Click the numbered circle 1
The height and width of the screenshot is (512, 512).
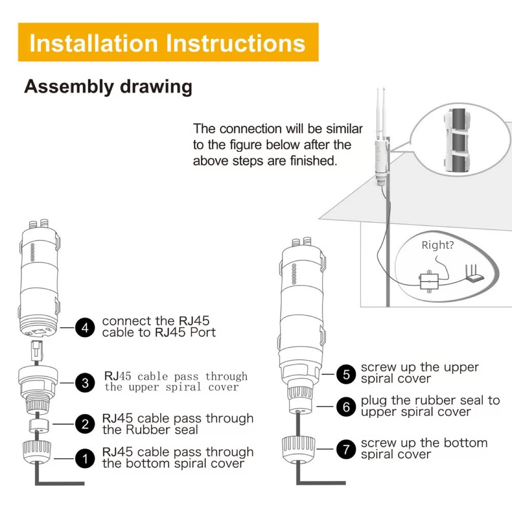point(85,458)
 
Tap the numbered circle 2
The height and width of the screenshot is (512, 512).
point(85,424)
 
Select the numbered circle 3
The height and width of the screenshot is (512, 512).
point(85,383)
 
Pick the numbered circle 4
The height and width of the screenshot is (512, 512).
point(85,328)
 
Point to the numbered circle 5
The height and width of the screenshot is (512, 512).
point(346,374)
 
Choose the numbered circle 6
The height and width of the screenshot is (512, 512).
point(346,407)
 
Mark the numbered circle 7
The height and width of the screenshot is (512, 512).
point(346,449)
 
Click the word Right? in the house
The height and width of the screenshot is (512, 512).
point(437,245)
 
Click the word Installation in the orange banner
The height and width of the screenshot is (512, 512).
point(94,43)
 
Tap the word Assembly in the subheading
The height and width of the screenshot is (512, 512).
point(69,87)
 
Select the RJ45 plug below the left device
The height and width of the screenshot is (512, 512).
point(37,350)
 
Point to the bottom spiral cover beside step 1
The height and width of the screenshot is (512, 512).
point(37,452)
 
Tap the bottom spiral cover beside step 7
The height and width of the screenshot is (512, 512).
point(298,449)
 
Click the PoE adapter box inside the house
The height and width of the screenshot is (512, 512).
point(429,282)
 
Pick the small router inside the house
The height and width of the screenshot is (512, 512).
point(475,274)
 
